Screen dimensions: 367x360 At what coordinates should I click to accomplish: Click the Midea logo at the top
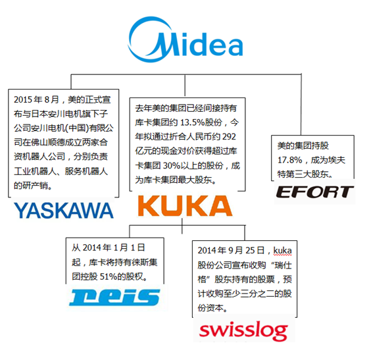point(185,39)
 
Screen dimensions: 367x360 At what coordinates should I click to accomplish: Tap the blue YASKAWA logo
point(64,211)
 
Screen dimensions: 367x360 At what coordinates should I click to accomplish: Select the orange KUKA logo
point(185,206)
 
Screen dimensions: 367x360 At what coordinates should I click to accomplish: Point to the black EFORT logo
point(314,192)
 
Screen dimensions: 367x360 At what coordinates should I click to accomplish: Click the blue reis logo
point(114,297)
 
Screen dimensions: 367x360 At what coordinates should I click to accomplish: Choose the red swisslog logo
point(243,330)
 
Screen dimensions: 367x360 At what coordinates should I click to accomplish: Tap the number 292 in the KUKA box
point(229,136)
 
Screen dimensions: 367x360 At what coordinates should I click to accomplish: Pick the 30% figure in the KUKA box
point(172,166)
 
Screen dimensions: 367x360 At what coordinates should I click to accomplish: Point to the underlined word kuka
point(283,250)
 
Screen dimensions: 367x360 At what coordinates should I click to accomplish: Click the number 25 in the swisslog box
point(250,250)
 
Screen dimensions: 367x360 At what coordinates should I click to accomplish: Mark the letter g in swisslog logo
point(280,333)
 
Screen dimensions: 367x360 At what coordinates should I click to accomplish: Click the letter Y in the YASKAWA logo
point(21,211)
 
